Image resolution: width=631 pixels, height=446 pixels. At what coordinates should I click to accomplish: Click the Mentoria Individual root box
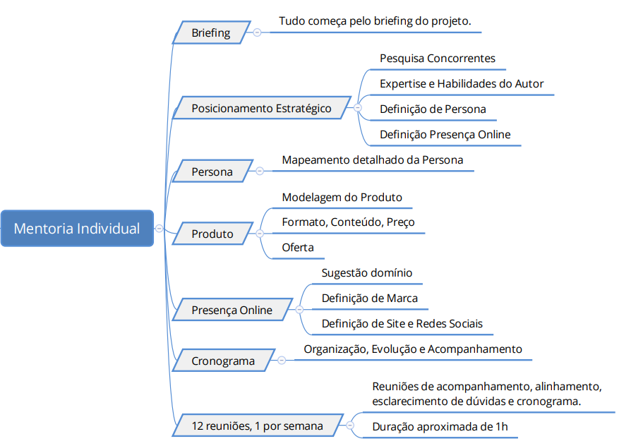click(x=77, y=228)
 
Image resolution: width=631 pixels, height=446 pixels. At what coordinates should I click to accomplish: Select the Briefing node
click(x=212, y=32)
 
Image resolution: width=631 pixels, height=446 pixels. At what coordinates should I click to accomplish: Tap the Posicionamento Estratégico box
click(x=262, y=108)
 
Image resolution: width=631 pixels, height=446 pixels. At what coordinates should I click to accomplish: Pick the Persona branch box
click(x=212, y=171)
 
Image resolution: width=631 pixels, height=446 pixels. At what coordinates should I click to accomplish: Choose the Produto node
click(x=212, y=234)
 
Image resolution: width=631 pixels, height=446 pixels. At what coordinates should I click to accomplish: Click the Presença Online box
click(x=232, y=310)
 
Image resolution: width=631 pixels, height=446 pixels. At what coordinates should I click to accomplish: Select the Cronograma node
click(x=223, y=361)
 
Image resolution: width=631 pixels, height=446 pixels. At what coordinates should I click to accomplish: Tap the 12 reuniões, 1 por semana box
click(x=258, y=426)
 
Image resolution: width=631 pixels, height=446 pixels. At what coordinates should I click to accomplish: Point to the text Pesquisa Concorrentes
click(x=438, y=59)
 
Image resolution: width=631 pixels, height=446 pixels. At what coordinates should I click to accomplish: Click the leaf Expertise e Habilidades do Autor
click(x=462, y=84)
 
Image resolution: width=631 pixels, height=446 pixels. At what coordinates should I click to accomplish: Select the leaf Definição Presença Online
click(x=445, y=135)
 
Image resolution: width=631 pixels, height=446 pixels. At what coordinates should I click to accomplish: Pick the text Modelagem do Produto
click(x=342, y=197)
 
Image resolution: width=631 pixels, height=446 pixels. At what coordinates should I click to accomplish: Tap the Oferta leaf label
click(x=298, y=247)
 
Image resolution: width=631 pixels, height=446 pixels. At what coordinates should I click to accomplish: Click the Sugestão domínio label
click(x=367, y=273)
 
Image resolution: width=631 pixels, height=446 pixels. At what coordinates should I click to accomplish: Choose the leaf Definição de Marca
click(x=370, y=299)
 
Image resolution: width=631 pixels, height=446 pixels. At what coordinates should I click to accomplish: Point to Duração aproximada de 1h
click(x=440, y=426)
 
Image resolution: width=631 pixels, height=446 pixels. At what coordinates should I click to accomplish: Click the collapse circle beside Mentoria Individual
click(x=160, y=229)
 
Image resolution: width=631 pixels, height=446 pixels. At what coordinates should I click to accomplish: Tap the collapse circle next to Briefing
click(x=257, y=32)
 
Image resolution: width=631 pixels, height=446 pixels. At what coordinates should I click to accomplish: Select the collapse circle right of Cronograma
click(x=282, y=361)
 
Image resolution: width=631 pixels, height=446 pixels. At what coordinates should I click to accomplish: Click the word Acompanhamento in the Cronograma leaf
click(x=475, y=349)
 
